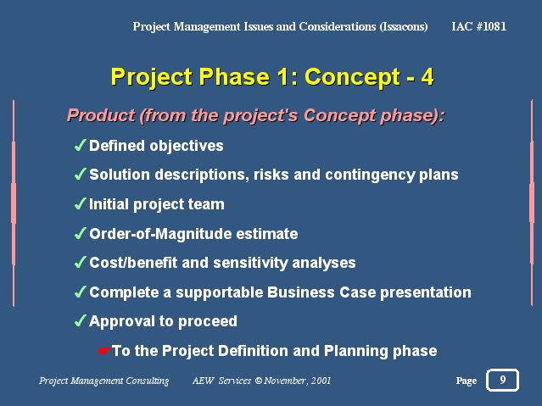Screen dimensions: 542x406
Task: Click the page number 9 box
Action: click(502, 380)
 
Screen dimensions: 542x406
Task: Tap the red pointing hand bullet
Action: click(103, 351)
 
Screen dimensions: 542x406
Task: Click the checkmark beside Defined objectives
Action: click(81, 145)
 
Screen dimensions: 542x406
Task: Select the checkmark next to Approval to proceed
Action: click(81, 320)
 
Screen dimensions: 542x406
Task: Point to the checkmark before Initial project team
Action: click(81, 203)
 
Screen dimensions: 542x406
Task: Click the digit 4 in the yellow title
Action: click(427, 76)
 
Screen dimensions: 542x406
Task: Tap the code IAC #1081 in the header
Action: click(478, 26)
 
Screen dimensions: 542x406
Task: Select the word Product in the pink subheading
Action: click(101, 115)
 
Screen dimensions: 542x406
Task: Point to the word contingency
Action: click(370, 175)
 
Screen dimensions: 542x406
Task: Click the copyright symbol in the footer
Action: click(258, 381)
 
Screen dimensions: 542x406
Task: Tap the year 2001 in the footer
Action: click(321, 381)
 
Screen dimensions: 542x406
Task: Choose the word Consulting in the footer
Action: click(147, 381)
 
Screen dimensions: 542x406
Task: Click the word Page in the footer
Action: click(467, 381)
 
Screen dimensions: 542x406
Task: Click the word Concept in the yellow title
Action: click(352, 77)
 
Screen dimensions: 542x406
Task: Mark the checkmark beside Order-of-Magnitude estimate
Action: click(81, 233)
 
